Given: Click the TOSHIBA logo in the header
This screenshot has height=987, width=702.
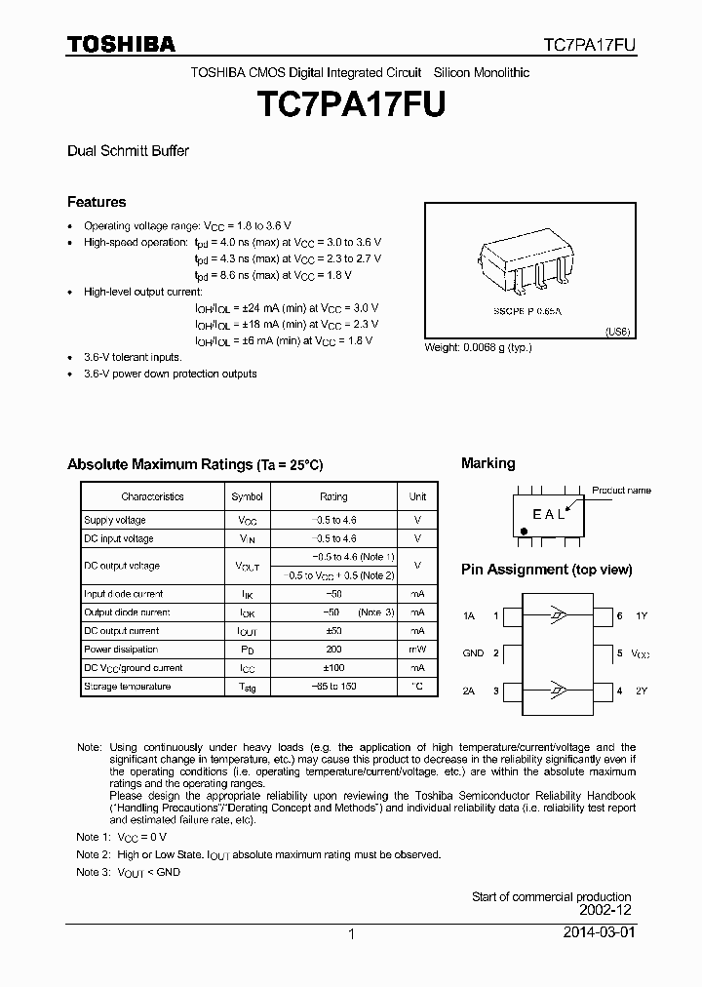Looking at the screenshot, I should pos(121,44).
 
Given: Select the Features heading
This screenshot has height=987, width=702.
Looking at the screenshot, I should pos(97,202).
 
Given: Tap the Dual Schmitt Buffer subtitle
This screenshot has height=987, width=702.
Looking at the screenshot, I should pos(128,151).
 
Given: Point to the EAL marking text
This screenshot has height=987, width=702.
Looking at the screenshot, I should pos(548,515).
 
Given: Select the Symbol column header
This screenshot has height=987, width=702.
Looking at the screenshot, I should pos(247,496).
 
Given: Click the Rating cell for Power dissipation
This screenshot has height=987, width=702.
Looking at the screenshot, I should pos(333,650).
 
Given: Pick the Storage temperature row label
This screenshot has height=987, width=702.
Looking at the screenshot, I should pos(127,687).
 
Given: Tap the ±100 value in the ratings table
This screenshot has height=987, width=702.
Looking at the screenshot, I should pos(333,668).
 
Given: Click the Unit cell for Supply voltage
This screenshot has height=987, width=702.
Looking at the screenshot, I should pos(417,520).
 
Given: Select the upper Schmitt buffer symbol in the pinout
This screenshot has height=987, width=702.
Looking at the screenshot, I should pos(556,616).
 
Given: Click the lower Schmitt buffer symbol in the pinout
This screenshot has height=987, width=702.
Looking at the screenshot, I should pos(556,691).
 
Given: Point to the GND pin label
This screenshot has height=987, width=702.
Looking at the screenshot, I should pos(473,653).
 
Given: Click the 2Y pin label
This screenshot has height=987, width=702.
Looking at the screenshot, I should pos(641,691).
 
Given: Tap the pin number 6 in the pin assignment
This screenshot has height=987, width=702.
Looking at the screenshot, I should pos(619,616).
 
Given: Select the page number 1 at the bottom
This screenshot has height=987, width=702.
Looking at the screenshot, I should pos(350,934).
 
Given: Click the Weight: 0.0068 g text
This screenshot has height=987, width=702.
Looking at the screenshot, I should pos(478,348).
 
